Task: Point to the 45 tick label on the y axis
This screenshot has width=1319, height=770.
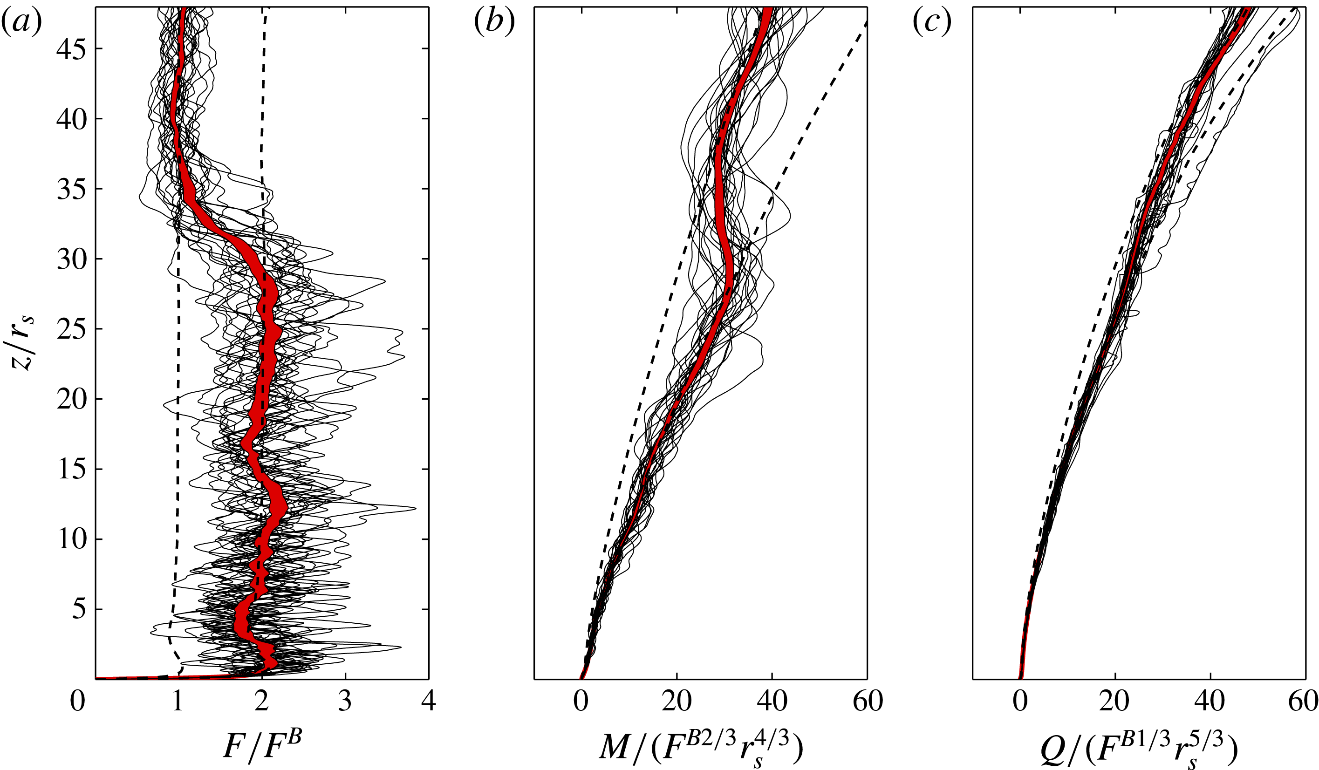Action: click(x=72, y=49)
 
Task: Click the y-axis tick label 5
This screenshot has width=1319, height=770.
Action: click(x=79, y=610)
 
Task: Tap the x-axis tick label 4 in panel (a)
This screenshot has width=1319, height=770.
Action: click(x=429, y=702)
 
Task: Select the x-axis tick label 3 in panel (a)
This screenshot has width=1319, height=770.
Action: click(x=345, y=702)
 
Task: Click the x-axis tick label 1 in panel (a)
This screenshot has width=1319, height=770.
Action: click(x=178, y=702)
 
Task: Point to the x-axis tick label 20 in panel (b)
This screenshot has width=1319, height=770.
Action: click(x=677, y=702)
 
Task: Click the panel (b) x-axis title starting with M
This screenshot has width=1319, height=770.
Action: click(x=701, y=749)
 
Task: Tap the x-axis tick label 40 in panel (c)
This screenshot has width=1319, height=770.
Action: click(x=1210, y=702)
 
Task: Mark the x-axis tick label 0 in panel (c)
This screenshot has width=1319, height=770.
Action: click(x=1020, y=702)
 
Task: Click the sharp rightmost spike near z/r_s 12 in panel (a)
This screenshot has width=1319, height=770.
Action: click(x=416, y=508)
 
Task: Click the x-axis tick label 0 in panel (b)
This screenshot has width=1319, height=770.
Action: click(x=581, y=702)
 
